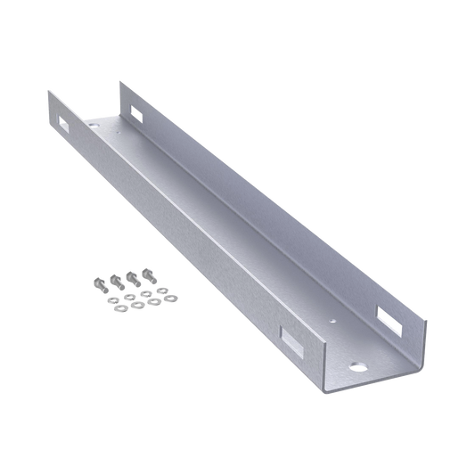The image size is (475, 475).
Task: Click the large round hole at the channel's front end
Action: click(359, 364)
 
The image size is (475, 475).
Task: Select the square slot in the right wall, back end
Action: click(135, 112)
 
